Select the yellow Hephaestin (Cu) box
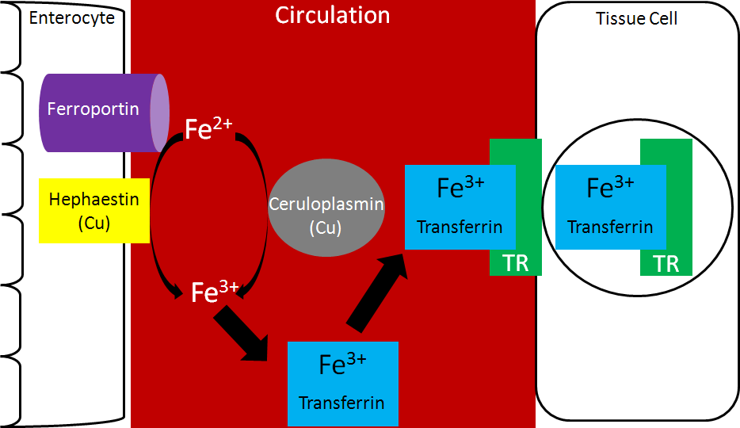coord(94,210)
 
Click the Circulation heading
coord(333,15)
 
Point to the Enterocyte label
coord(72,17)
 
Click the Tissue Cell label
coord(637,17)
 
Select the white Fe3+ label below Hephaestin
coord(215,292)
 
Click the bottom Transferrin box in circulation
coord(342,384)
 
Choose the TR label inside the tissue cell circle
coord(666,263)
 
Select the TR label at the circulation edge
coord(516,263)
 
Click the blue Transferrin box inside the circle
coord(610,207)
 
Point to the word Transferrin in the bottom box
coord(341,403)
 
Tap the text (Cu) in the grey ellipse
coord(326,227)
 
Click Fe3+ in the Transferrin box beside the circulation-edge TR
coord(460,188)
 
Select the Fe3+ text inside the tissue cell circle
coord(610,188)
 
